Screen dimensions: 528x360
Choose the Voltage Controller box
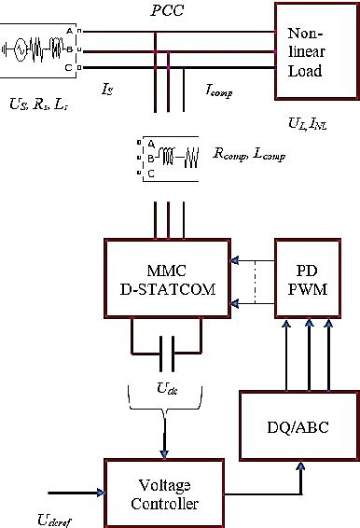coord(165,492)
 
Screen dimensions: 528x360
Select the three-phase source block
coord(42,51)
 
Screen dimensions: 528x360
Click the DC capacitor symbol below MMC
coord(165,354)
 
